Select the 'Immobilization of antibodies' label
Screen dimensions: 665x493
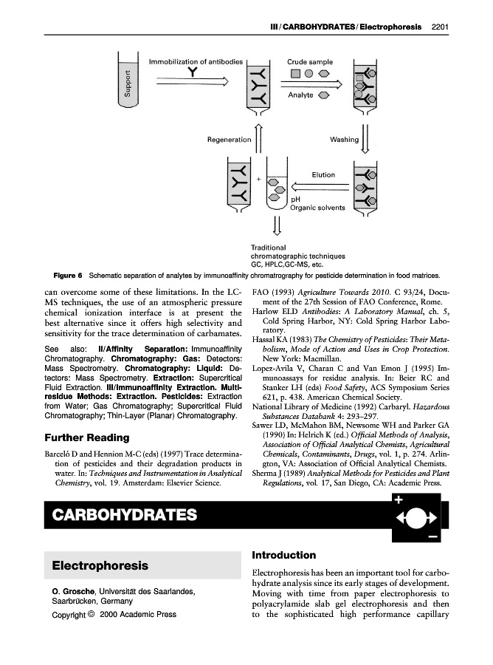tap(196, 61)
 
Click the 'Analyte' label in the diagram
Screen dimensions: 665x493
tap(300, 95)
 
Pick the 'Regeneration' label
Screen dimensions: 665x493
tap(229, 139)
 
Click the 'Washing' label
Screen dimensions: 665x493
tap(344, 139)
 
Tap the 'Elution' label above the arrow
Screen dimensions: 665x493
tap(323, 175)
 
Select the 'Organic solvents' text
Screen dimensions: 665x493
tap(317, 208)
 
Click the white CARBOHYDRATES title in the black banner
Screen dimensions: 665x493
tap(124, 514)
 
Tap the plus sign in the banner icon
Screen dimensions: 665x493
tap(399, 500)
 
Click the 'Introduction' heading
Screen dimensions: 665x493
tap(284, 555)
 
